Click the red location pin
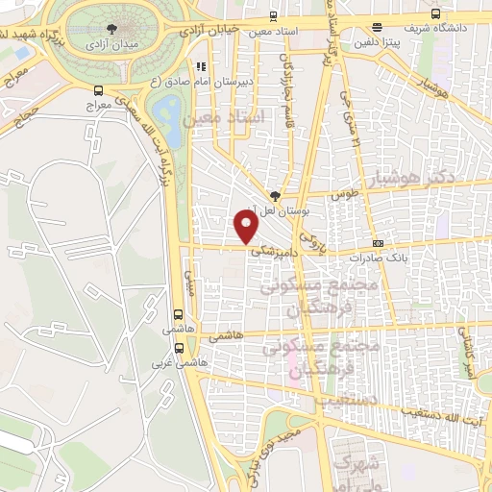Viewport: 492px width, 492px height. [x=248, y=226]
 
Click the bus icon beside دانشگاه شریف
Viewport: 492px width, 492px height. [x=435, y=14]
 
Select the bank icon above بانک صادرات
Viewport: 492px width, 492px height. [x=378, y=244]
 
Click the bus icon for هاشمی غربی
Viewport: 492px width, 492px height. [x=179, y=350]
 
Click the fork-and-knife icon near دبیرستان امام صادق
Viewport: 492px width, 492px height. [x=201, y=66]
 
